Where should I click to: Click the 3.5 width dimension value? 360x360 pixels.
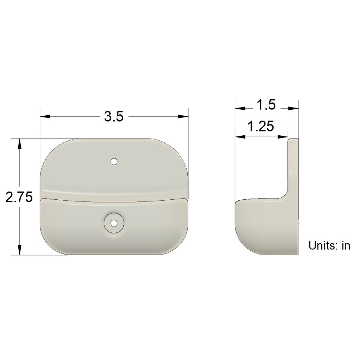click(114, 116)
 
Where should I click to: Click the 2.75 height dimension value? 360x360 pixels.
click(19, 197)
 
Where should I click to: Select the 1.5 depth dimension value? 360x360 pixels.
click(266, 105)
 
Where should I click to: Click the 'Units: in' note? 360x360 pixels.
click(329, 245)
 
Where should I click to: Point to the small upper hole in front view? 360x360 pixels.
click(114, 162)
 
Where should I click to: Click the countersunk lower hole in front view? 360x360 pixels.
click(114, 223)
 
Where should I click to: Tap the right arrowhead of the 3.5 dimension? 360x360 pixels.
click(183, 116)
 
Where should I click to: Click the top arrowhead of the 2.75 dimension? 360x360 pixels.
click(20, 144)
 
